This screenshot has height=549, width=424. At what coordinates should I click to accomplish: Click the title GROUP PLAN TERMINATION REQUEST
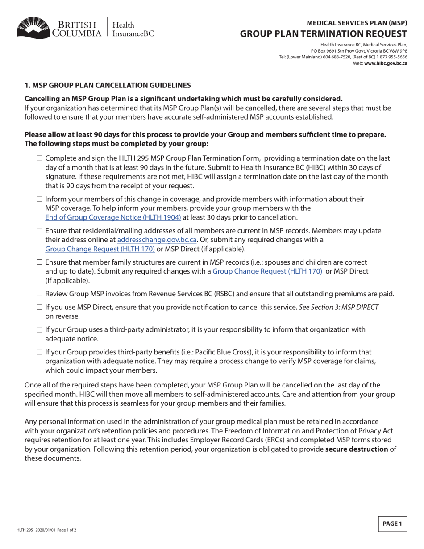tap(324, 34)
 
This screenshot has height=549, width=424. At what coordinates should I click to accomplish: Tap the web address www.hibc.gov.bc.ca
tap(386, 63)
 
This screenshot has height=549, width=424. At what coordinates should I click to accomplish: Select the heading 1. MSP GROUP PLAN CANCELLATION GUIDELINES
tap(108, 85)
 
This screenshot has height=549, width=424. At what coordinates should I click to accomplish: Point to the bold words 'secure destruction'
tap(357, 449)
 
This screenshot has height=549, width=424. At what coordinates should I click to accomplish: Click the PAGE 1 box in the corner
tap(392, 524)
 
